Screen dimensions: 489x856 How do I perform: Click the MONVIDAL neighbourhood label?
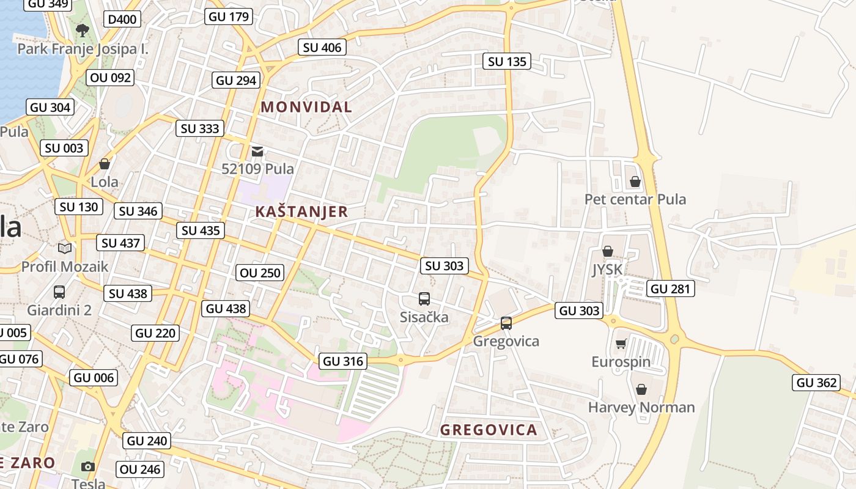306,107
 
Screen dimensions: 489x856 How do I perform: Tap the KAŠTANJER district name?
301,212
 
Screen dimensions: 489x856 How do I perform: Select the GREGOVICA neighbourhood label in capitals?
489,430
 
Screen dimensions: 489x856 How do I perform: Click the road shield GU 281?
671,289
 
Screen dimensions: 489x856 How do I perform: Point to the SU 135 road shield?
507,61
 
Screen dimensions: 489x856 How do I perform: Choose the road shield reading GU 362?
817,383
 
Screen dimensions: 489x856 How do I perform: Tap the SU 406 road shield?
322,47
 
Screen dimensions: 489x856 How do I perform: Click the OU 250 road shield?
260,273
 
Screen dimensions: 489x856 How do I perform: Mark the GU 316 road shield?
343,361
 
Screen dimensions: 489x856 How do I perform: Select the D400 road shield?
122,20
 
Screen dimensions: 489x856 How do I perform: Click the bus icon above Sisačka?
424,298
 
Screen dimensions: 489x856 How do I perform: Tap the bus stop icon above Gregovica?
506,323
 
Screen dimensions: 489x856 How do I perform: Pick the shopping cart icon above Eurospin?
621,344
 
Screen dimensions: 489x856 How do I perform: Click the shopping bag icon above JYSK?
608,251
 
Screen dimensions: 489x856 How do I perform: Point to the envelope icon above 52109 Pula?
257,151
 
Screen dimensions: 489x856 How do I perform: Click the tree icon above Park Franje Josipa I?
82,30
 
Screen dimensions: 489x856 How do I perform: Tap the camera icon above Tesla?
88,466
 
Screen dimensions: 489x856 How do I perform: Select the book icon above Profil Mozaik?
65,248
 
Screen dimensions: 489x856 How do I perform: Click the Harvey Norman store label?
641,407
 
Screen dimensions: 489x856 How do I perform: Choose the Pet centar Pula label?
635,199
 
